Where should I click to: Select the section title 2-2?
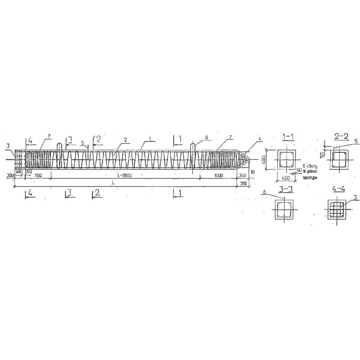click(x=341, y=136)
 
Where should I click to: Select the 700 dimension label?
click(x=38, y=175)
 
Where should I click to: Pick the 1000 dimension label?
click(x=219, y=175)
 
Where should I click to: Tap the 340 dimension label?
click(x=242, y=175)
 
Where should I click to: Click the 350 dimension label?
click(x=243, y=184)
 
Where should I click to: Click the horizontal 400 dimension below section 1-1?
click(x=285, y=178)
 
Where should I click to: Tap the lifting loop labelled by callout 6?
click(x=193, y=148)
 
